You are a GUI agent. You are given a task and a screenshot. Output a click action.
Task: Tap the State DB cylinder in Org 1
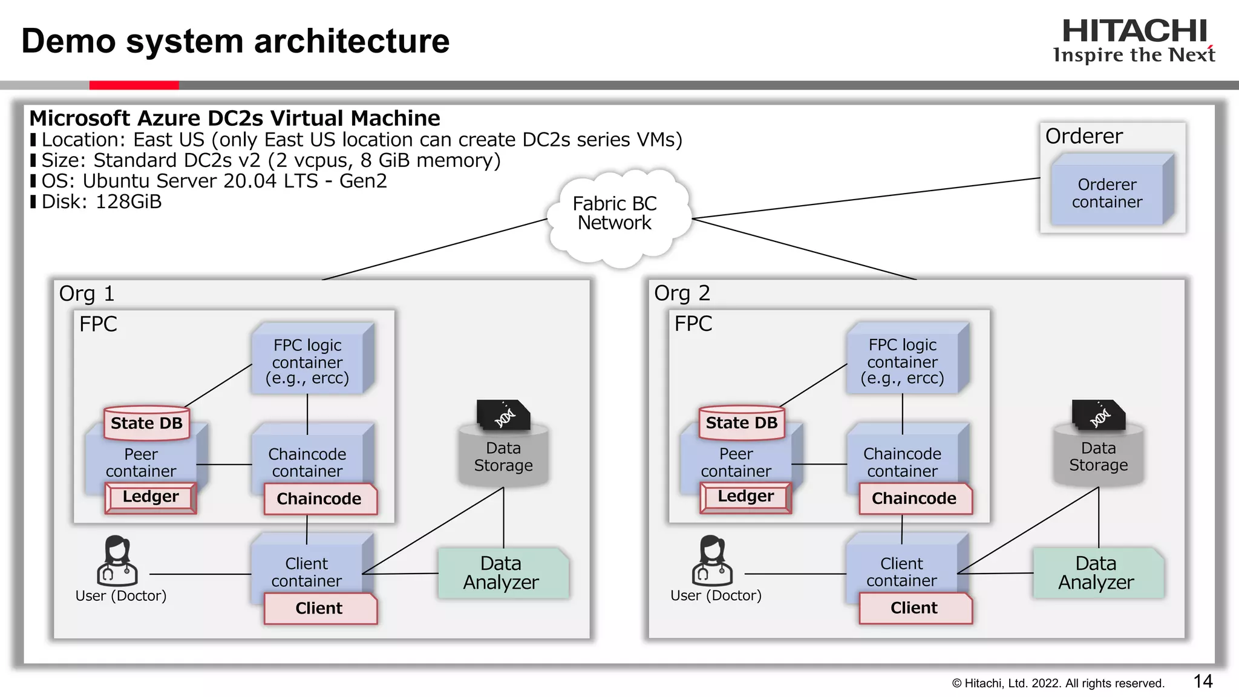146,423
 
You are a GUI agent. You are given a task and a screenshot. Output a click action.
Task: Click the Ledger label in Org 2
745,497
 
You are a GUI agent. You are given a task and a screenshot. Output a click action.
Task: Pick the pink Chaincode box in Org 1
319,499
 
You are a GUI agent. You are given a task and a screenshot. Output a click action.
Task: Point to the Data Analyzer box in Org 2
1096,573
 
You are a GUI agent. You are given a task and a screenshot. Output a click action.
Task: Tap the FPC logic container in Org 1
307,362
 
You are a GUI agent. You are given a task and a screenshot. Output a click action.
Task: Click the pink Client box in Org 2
914,608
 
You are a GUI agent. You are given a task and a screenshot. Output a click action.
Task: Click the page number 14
1203,682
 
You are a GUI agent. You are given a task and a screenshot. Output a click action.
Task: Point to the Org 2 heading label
682,293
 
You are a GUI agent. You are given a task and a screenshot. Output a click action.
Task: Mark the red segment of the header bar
134,85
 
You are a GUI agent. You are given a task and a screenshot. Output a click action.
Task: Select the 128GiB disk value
129,201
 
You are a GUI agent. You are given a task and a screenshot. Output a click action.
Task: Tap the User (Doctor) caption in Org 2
716,596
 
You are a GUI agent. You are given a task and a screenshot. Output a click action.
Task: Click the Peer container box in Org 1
141,463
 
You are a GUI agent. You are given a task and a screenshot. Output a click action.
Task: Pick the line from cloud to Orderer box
865,198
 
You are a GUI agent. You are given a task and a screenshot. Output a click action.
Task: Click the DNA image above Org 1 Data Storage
503,415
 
